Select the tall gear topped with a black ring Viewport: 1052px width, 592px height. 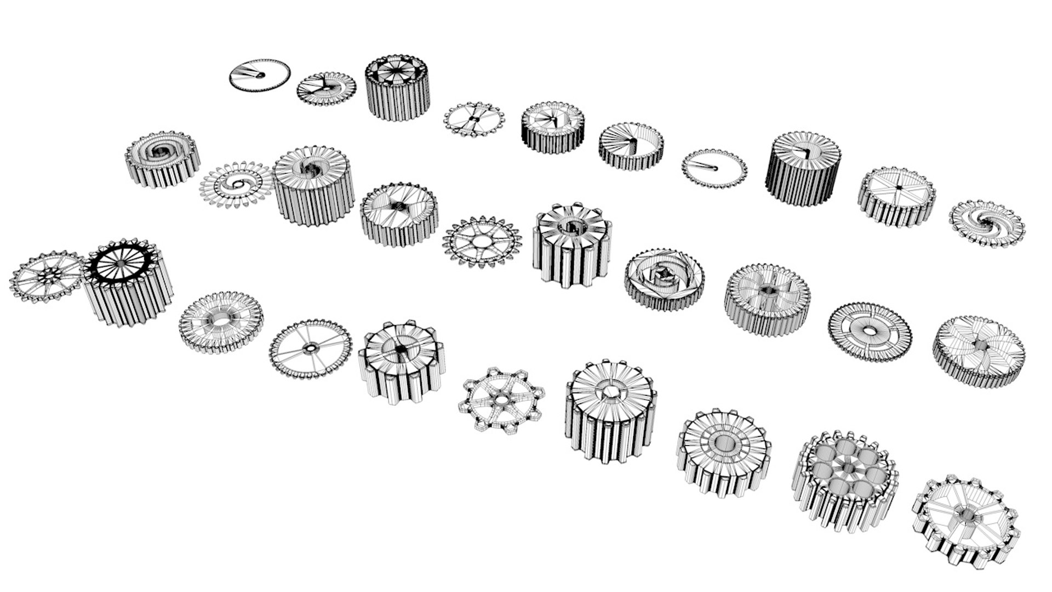[x=127, y=282]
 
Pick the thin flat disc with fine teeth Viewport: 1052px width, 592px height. [x=259, y=75]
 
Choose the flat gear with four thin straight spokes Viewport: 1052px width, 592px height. [x=310, y=349]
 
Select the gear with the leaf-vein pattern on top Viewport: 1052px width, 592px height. [x=979, y=351]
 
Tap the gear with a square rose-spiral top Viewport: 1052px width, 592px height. [x=664, y=278]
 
